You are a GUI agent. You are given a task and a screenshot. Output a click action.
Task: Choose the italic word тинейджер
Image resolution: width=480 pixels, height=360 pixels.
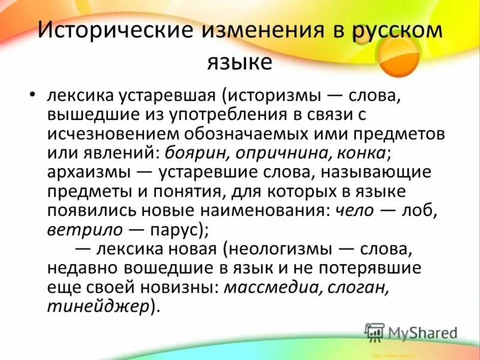pyautogui.click(x=97, y=306)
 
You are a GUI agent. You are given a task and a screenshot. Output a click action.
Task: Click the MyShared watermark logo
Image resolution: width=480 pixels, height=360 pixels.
pyautogui.click(x=410, y=332)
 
